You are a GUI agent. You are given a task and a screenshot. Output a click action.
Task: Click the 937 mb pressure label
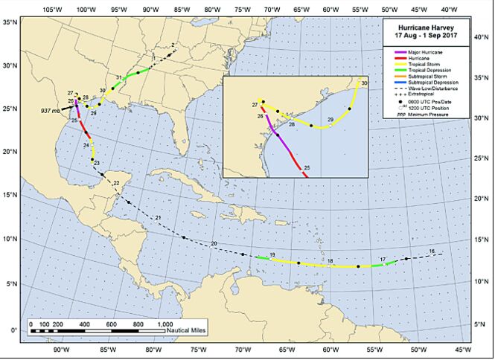[51, 110]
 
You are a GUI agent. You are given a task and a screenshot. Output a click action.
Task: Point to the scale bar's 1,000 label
[165, 324]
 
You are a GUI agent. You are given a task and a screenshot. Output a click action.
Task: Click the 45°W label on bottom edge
[462, 350]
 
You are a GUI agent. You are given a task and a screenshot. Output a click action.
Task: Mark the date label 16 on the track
[432, 252]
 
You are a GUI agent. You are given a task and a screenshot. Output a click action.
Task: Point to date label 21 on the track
[158, 216]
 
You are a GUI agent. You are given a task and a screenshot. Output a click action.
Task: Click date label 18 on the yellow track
[330, 260]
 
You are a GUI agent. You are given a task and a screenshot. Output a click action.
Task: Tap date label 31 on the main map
[119, 77]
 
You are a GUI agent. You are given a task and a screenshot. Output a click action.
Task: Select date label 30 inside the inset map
[364, 83]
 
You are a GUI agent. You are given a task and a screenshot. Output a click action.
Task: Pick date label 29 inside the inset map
[330, 120]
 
